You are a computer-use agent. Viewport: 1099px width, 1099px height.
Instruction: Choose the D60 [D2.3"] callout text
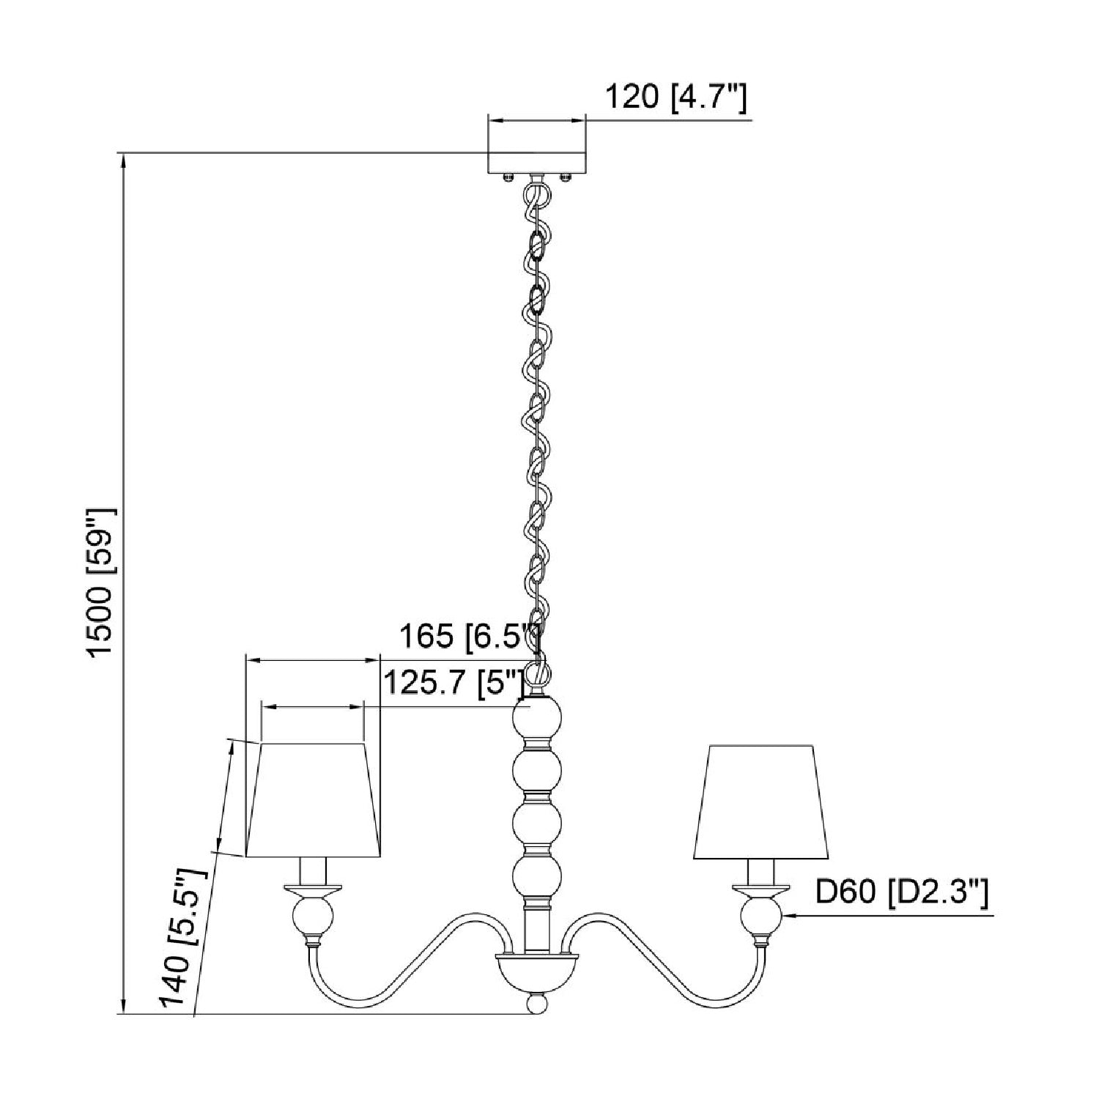click(902, 892)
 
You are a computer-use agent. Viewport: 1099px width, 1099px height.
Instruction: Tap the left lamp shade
click(313, 800)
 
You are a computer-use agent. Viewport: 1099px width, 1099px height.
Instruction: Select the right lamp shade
click(761, 802)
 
